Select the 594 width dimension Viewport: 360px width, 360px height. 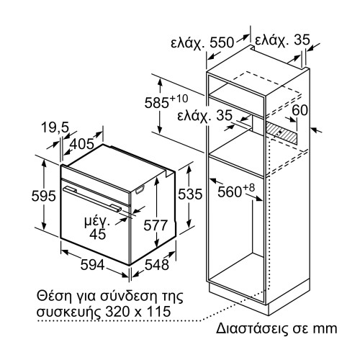click(x=92, y=264)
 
